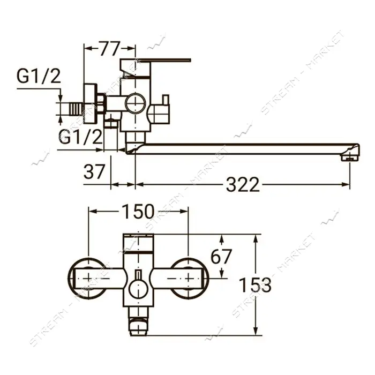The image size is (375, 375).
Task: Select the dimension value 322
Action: click(x=243, y=185)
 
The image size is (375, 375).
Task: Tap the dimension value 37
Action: click(x=94, y=171)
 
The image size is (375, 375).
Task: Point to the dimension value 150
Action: click(x=138, y=212)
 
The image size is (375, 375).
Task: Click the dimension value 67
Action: click(x=221, y=256)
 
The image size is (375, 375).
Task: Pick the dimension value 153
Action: click(x=256, y=285)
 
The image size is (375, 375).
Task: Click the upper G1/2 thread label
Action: click(x=39, y=76)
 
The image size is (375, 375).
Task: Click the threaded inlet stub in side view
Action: click(x=76, y=109)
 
